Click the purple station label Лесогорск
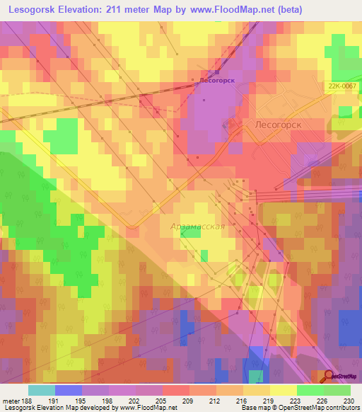coord(216,81)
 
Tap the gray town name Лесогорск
coord(277,123)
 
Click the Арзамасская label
coord(198,227)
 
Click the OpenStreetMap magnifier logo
coord(329,377)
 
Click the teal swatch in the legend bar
coord(42,390)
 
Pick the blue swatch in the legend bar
coord(69,390)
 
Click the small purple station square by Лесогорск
coord(217,71)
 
